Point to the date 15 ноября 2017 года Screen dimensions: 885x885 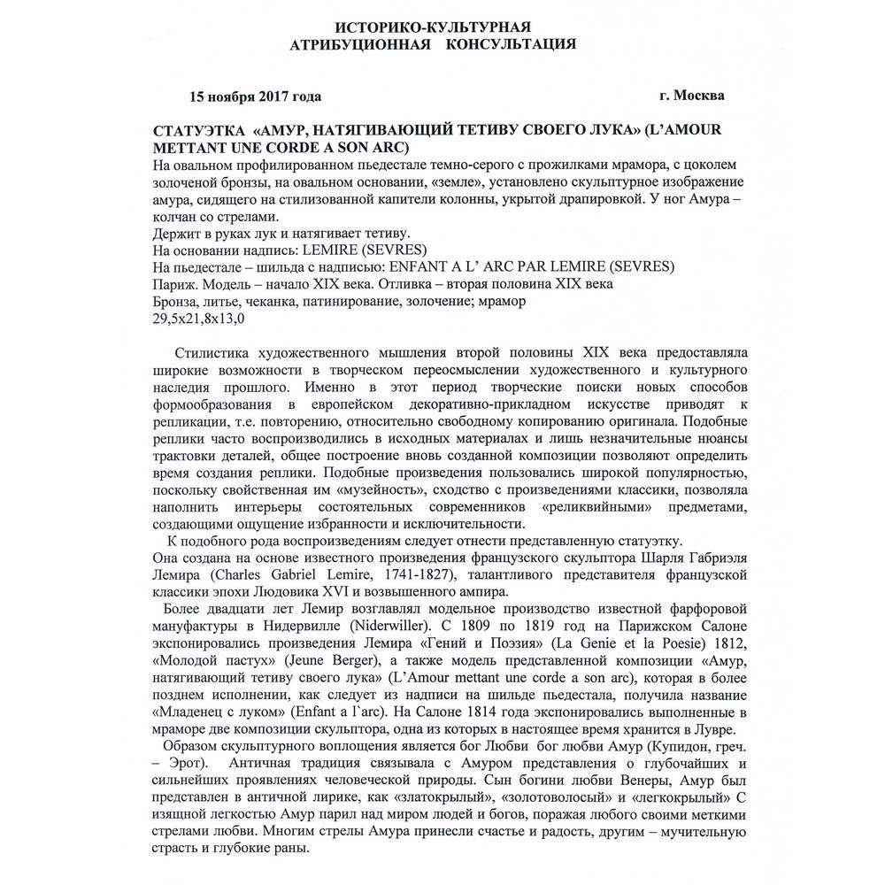(256, 96)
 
